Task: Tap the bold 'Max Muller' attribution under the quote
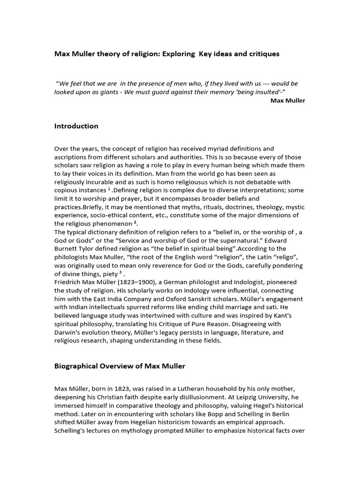[288, 100]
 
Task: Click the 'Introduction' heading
[76, 126]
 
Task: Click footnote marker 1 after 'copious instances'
[109, 189]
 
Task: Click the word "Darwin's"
[68, 333]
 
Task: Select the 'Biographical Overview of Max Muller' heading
[120, 366]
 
